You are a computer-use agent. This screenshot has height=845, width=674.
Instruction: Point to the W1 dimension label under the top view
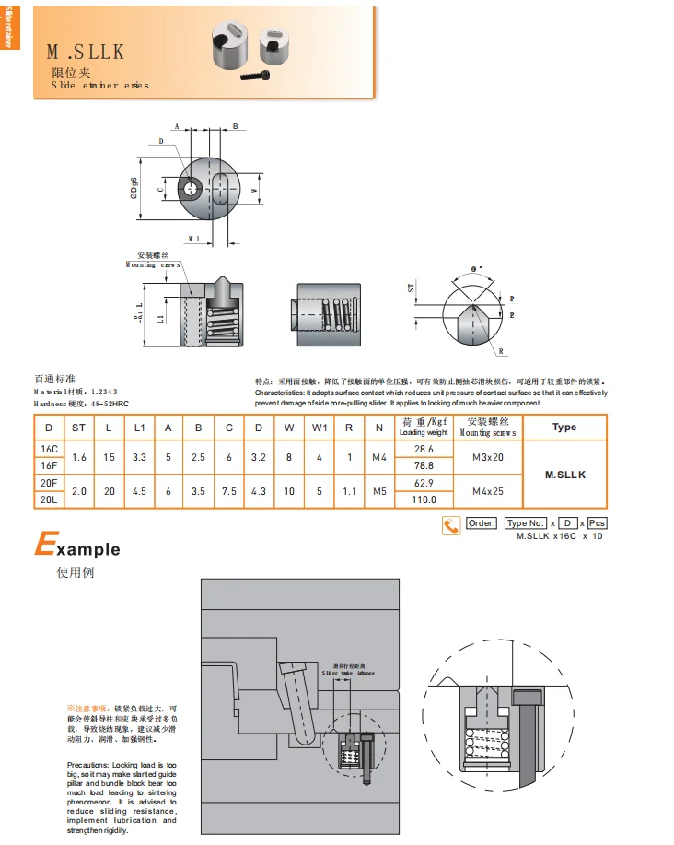[193, 238]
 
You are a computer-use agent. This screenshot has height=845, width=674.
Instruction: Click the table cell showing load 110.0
[424, 499]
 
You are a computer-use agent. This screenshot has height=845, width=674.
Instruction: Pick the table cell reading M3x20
[488, 457]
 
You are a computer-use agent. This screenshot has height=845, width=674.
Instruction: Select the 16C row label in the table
[49, 449]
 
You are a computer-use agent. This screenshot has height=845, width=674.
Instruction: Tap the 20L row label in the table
[49, 499]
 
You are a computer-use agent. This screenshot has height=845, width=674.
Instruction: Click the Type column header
[564, 427]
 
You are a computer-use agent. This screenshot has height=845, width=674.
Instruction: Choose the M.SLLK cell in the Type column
[564, 475]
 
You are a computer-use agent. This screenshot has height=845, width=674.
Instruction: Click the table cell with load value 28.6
[424, 449]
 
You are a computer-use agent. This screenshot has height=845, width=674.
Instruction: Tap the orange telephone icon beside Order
[451, 525]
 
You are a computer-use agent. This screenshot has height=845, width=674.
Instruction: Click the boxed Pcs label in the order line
[597, 523]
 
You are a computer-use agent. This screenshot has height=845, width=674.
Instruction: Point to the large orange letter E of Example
[43, 546]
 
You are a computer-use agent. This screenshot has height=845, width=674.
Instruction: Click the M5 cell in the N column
[378, 491]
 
